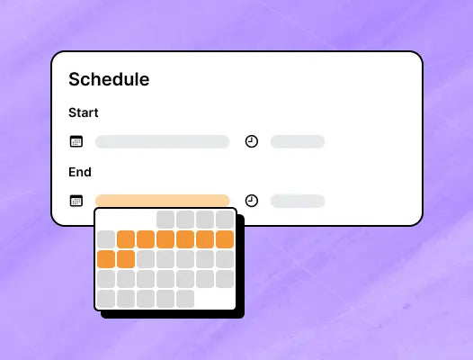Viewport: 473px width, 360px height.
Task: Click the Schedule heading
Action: [x=109, y=79]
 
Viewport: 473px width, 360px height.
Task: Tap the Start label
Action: [x=84, y=112]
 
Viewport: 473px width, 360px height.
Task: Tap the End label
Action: [x=80, y=172]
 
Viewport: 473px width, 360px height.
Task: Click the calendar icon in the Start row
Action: [x=76, y=141]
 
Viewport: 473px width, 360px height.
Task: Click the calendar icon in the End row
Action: [x=76, y=201]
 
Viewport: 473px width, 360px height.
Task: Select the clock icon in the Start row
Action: [x=252, y=141]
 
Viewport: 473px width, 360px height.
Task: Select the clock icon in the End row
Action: [x=252, y=201]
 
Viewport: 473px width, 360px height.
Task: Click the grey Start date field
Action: [x=162, y=141]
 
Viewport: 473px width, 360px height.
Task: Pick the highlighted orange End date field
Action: [x=162, y=201]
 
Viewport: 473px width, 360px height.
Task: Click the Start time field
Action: [x=298, y=141]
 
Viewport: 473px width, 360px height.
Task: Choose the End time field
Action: [x=298, y=201]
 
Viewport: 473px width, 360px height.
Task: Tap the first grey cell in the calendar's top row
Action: [x=165, y=220]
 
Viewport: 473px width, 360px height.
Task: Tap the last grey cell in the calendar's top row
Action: [x=225, y=220]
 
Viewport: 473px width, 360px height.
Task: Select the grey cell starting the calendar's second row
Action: [x=106, y=239]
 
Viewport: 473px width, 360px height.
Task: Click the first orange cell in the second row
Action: [x=126, y=239]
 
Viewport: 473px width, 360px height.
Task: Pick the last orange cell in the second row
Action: [x=225, y=239]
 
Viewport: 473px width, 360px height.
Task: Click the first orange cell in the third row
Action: [x=106, y=259]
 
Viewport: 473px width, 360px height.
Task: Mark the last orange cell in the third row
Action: [x=126, y=259]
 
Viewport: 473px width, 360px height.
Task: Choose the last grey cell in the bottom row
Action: [x=185, y=299]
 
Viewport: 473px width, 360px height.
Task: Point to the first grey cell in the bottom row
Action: [x=106, y=299]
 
